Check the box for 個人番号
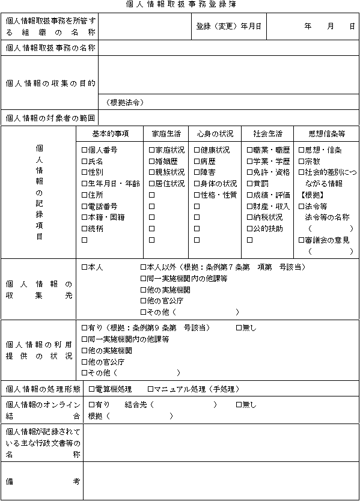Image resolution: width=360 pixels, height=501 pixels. tap(85, 150)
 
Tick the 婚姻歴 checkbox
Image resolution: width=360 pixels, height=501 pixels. tap(152, 162)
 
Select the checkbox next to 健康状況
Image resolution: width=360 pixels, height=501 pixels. tap(197, 150)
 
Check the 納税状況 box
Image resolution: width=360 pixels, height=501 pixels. tap(250, 217)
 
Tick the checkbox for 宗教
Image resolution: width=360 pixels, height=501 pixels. tap(302, 162)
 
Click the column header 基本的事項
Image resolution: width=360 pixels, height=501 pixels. tap(110, 133)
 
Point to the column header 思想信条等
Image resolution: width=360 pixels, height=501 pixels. tap(326, 133)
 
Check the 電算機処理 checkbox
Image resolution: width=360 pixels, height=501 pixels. tap(92, 389)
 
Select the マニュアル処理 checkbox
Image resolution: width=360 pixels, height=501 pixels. tap(151, 389)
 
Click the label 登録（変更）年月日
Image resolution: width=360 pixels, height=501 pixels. tap(228, 27)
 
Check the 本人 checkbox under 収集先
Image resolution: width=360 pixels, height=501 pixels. tap(85, 267)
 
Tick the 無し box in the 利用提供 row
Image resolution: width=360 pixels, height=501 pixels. tap(239, 327)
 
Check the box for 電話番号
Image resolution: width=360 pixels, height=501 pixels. tap(85, 206)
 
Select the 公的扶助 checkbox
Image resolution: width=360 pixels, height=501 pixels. tap(250, 229)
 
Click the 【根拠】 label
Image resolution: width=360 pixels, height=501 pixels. tap(313, 195)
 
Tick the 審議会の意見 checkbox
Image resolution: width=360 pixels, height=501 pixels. tap(302, 240)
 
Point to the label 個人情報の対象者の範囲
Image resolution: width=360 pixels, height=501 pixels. tap(49, 118)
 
